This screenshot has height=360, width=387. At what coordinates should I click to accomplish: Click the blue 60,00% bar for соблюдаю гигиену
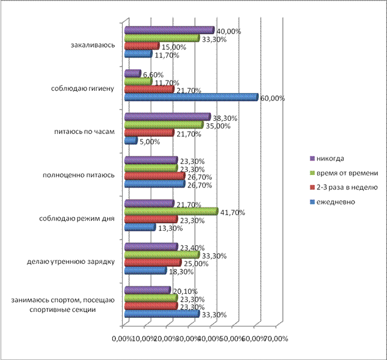click(190, 97)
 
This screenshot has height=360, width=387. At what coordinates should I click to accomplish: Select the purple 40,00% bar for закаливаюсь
click(169, 30)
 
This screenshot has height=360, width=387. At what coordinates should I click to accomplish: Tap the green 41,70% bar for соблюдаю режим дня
click(171, 212)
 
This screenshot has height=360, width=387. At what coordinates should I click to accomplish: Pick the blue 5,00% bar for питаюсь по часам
click(130, 141)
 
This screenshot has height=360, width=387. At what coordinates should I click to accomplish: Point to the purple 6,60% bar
click(132, 73)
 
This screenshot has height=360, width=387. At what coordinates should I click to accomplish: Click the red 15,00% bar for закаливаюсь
click(141, 46)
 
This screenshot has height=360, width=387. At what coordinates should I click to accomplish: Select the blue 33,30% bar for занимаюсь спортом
click(162, 313)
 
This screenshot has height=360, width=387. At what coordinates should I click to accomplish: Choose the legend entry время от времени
click(343, 172)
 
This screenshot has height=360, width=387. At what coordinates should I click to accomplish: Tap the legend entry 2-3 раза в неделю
click(344, 188)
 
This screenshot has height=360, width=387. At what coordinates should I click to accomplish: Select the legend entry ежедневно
click(333, 202)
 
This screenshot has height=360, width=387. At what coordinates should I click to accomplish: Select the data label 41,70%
click(231, 212)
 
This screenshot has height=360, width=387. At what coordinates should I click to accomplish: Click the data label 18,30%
click(180, 272)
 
